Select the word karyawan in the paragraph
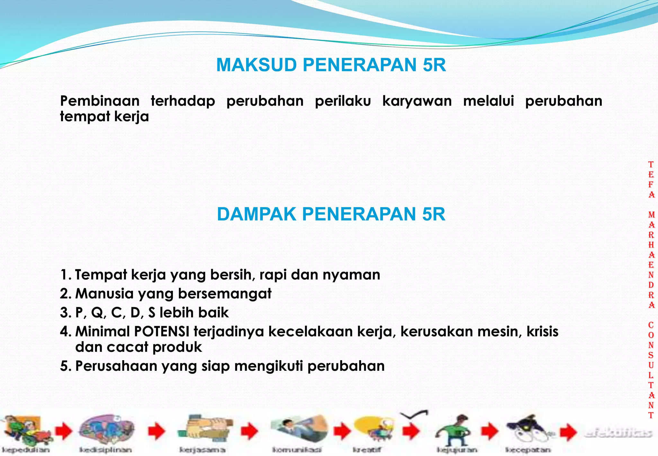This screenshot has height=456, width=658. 417,101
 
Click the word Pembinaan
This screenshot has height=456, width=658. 100,101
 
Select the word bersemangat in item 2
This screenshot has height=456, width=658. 225,294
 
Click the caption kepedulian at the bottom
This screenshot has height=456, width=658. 26,450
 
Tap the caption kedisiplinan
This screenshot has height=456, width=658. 105,450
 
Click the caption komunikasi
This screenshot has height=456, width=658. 297,450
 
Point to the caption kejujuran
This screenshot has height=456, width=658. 457,450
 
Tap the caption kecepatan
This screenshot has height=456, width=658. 528,450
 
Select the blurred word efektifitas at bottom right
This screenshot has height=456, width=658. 617,433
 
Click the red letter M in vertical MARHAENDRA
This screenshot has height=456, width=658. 651,215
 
